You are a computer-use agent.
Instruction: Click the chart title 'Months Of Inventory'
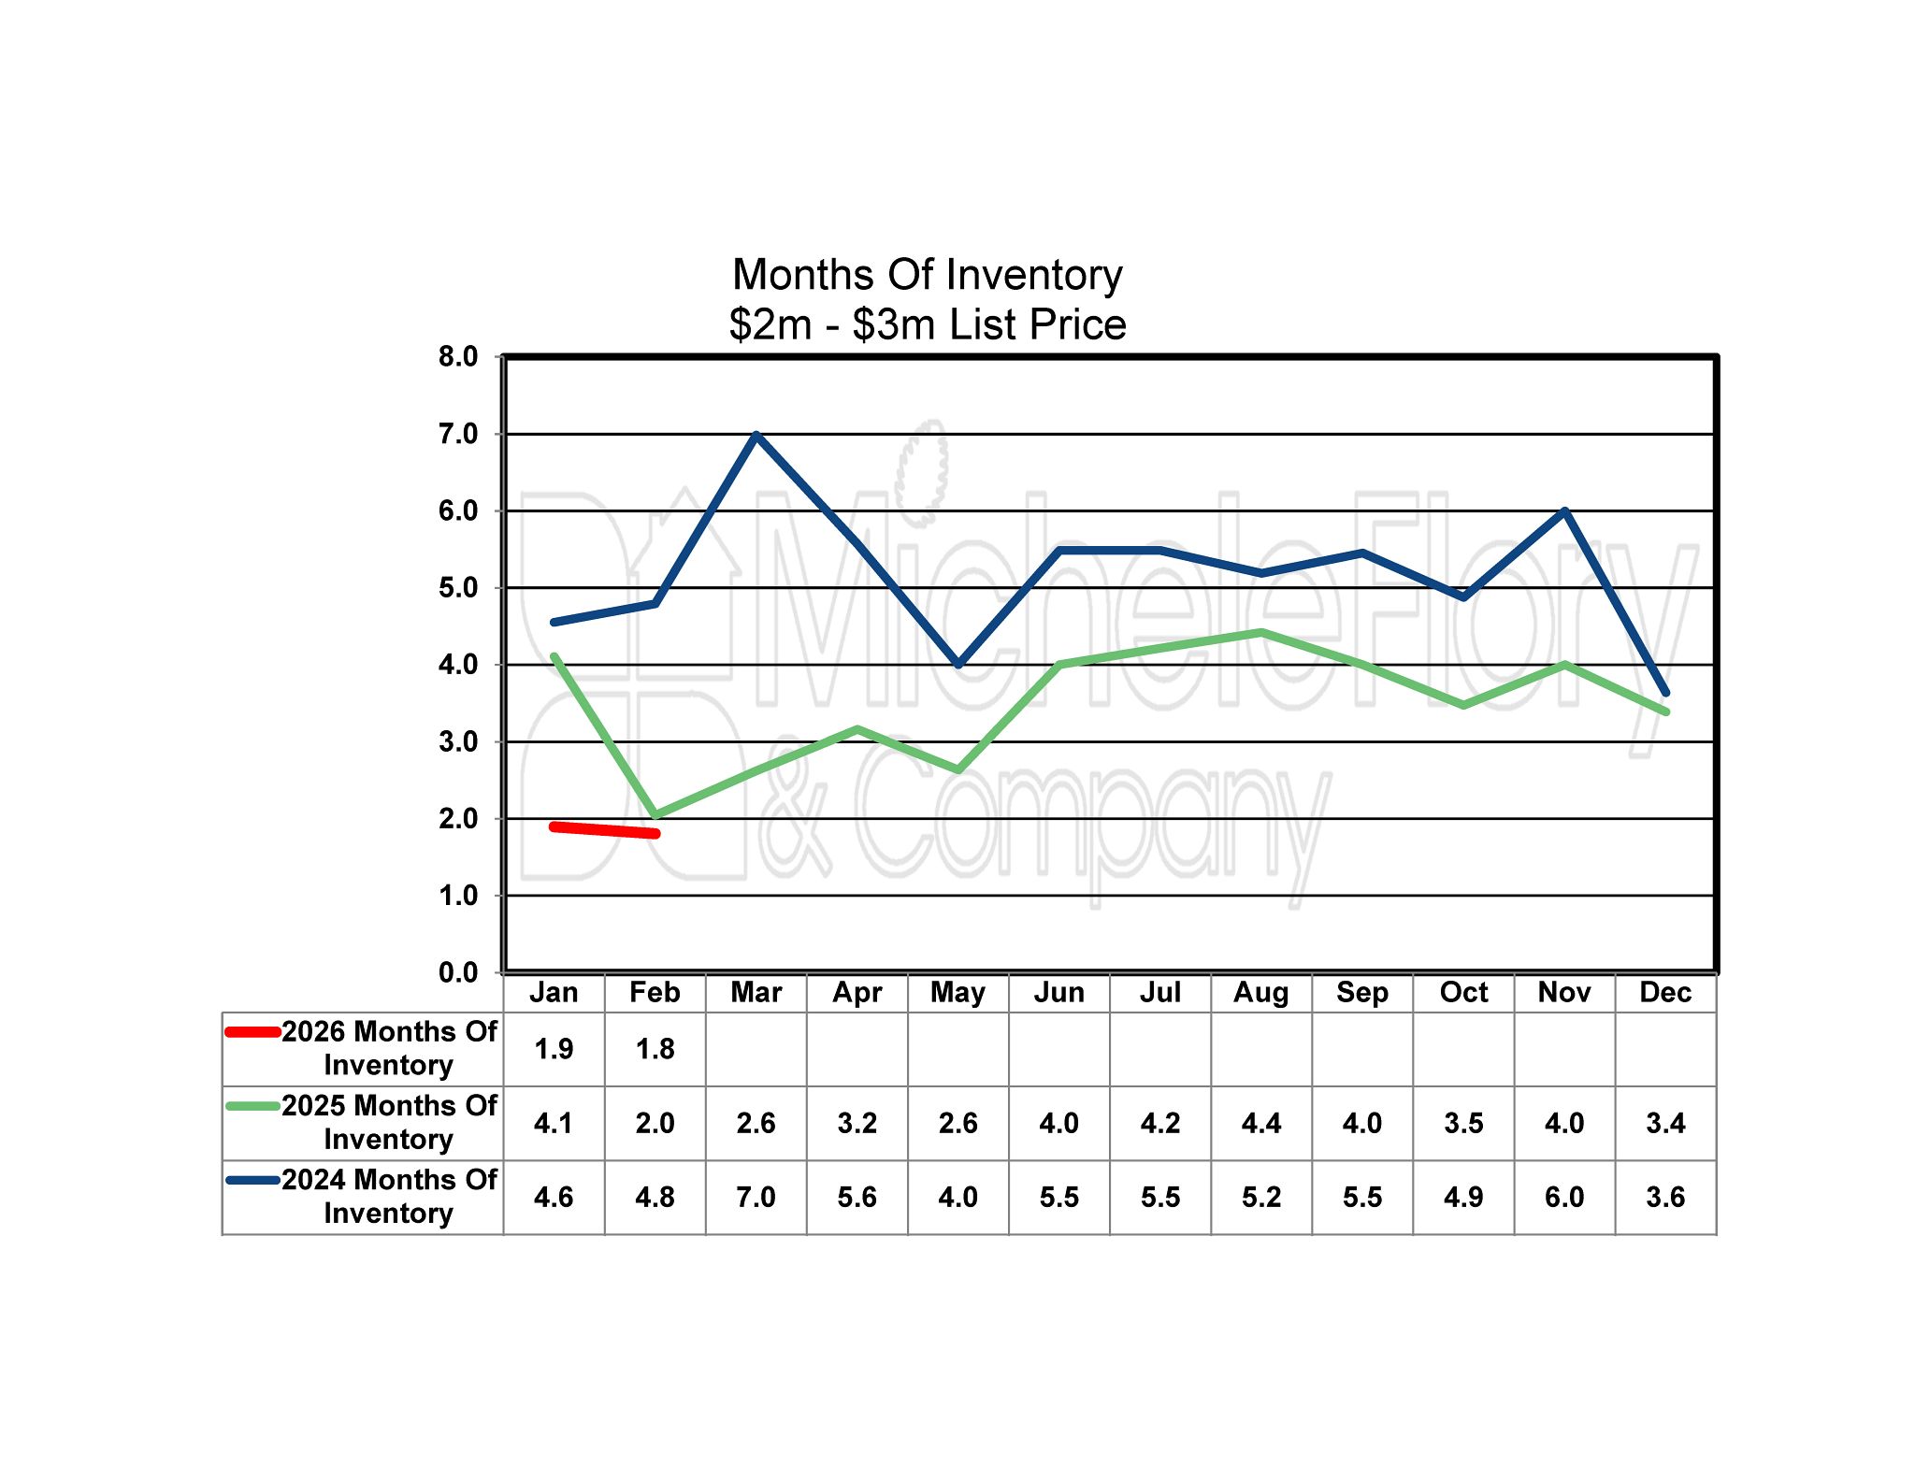click(927, 275)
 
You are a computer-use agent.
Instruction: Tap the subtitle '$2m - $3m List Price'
click(927, 324)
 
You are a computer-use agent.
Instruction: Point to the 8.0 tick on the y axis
click(458, 356)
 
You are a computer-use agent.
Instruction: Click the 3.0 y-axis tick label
click(458, 742)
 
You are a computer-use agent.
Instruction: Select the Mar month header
click(756, 992)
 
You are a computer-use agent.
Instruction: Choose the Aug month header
click(1260, 992)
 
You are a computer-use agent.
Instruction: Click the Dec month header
click(1665, 992)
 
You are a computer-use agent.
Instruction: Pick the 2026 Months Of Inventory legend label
click(389, 1048)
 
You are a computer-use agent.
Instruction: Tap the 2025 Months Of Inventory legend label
click(389, 1122)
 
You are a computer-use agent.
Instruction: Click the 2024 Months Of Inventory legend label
click(389, 1196)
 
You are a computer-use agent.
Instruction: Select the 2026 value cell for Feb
click(655, 1049)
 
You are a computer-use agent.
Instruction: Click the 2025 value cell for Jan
click(554, 1123)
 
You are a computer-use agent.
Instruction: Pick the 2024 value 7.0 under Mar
click(756, 1197)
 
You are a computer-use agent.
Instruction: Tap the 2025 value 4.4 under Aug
click(1260, 1123)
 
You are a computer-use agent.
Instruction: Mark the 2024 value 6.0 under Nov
click(1564, 1197)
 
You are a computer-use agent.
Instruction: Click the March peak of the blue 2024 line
click(756, 435)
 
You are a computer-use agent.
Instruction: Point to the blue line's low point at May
click(958, 664)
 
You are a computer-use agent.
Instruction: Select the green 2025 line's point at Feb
click(655, 815)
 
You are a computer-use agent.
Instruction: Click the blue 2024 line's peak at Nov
click(1564, 511)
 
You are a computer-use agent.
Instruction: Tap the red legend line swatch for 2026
click(253, 1032)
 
